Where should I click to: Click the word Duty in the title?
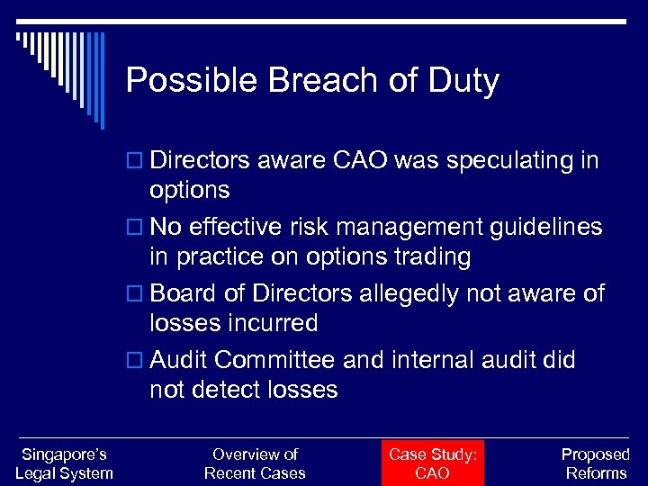[463, 81]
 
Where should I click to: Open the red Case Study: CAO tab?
[432, 463]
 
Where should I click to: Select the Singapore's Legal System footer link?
[65, 463]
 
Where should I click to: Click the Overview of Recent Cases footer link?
[255, 463]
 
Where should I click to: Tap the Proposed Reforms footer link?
[595, 463]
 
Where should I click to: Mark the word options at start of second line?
[190, 190]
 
